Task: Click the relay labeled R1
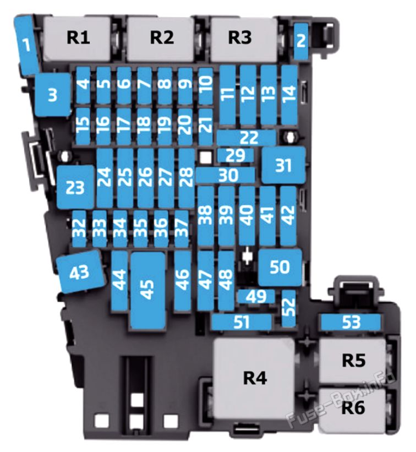(x=77, y=39)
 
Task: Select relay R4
(x=254, y=378)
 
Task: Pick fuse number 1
(x=27, y=45)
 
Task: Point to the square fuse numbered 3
(x=53, y=95)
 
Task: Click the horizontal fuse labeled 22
(x=247, y=138)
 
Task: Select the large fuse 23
(x=75, y=187)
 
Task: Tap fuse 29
(x=236, y=155)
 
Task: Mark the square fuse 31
(x=284, y=165)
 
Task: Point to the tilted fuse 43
(x=80, y=271)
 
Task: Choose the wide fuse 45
(x=148, y=291)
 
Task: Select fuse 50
(x=280, y=267)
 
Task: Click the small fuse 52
(x=289, y=308)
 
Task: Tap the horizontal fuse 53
(x=351, y=322)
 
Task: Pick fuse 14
(x=289, y=95)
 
